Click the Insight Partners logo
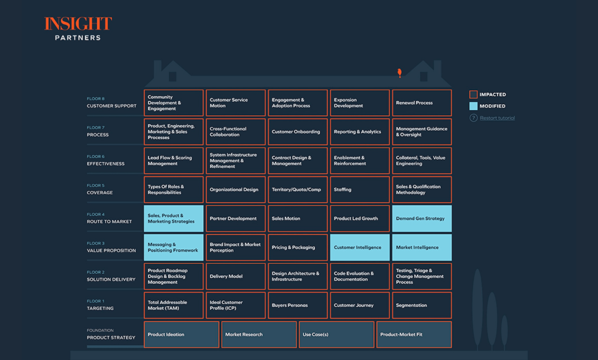click(x=78, y=28)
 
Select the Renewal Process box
click(x=422, y=103)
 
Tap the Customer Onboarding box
click(x=297, y=132)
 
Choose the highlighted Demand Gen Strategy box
click(x=422, y=219)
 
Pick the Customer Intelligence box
click(x=359, y=248)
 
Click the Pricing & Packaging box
click(x=297, y=248)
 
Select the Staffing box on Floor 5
click(x=359, y=190)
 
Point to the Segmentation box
click(x=422, y=306)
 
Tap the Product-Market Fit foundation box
click(x=414, y=334)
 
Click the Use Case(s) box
click(x=336, y=334)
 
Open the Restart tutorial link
click(x=497, y=118)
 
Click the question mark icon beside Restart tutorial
click(x=473, y=118)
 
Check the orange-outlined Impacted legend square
click(x=473, y=95)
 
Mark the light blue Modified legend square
click(x=473, y=106)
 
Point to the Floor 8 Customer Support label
click(x=111, y=103)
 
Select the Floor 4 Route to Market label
click(x=109, y=218)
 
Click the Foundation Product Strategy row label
click(x=111, y=334)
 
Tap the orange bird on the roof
click(x=399, y=72)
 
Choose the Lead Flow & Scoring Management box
click(x=173, y=161)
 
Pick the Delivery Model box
click(x=236, y=276)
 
